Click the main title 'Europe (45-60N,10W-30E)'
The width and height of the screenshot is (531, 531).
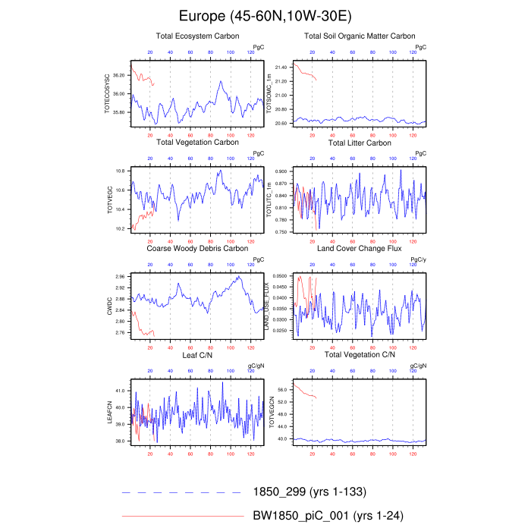coord(265,15)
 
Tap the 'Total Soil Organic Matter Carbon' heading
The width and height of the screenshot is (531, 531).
coord(360,36)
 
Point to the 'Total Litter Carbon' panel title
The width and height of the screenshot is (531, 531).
coord(360,143)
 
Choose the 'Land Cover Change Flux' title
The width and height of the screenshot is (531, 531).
coord(360,248)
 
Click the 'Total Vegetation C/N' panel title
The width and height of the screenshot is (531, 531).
coord(360,355)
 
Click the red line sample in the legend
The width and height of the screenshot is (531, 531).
coord(181,516)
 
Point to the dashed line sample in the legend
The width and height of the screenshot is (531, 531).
coord(181,492)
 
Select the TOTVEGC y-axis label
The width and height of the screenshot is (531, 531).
coord(108,198)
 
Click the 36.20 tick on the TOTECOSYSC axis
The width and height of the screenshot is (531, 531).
coord(119,76)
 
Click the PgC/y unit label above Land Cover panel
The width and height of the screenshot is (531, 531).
coord(417,259)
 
